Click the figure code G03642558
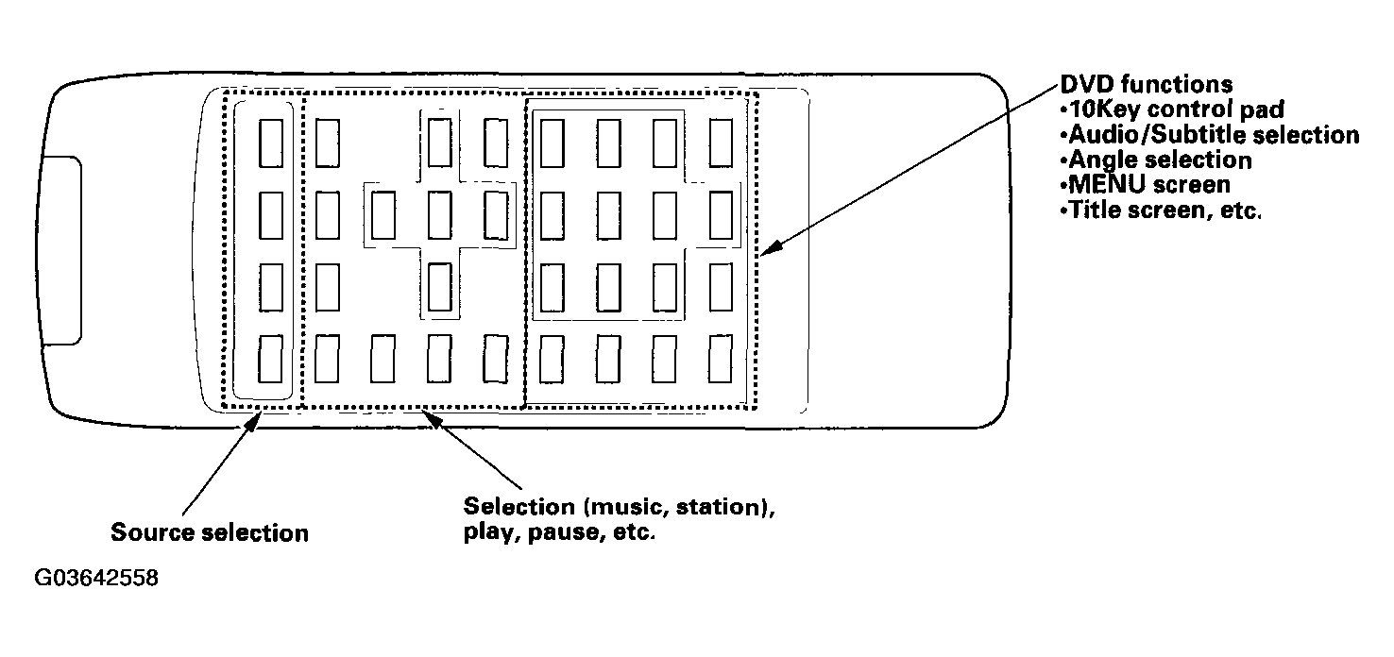pos(96,578)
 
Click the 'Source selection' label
pos(210,533)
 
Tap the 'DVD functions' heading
pos(1147,84)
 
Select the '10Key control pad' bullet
pos(1172,109)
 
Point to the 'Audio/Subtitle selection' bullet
pos(1210,135)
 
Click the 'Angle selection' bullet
pos(1156,160)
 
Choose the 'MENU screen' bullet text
pos(1145,185)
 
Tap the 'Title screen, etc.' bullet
pos(1161,211)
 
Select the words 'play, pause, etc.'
pos(559,532)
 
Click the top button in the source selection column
pos(271,143)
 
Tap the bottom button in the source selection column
pos(271,359)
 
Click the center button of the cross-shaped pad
pos(440,215)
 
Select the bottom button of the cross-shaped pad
pos(440,287)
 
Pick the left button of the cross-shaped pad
pos(383,215)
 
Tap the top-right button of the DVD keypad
pos(721,143)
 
